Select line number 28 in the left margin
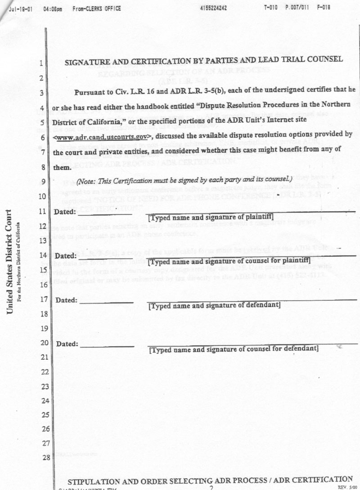pos(45,458)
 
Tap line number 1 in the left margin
pos(41,63)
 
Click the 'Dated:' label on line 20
pos(67,344)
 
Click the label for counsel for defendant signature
pos(234,349)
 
